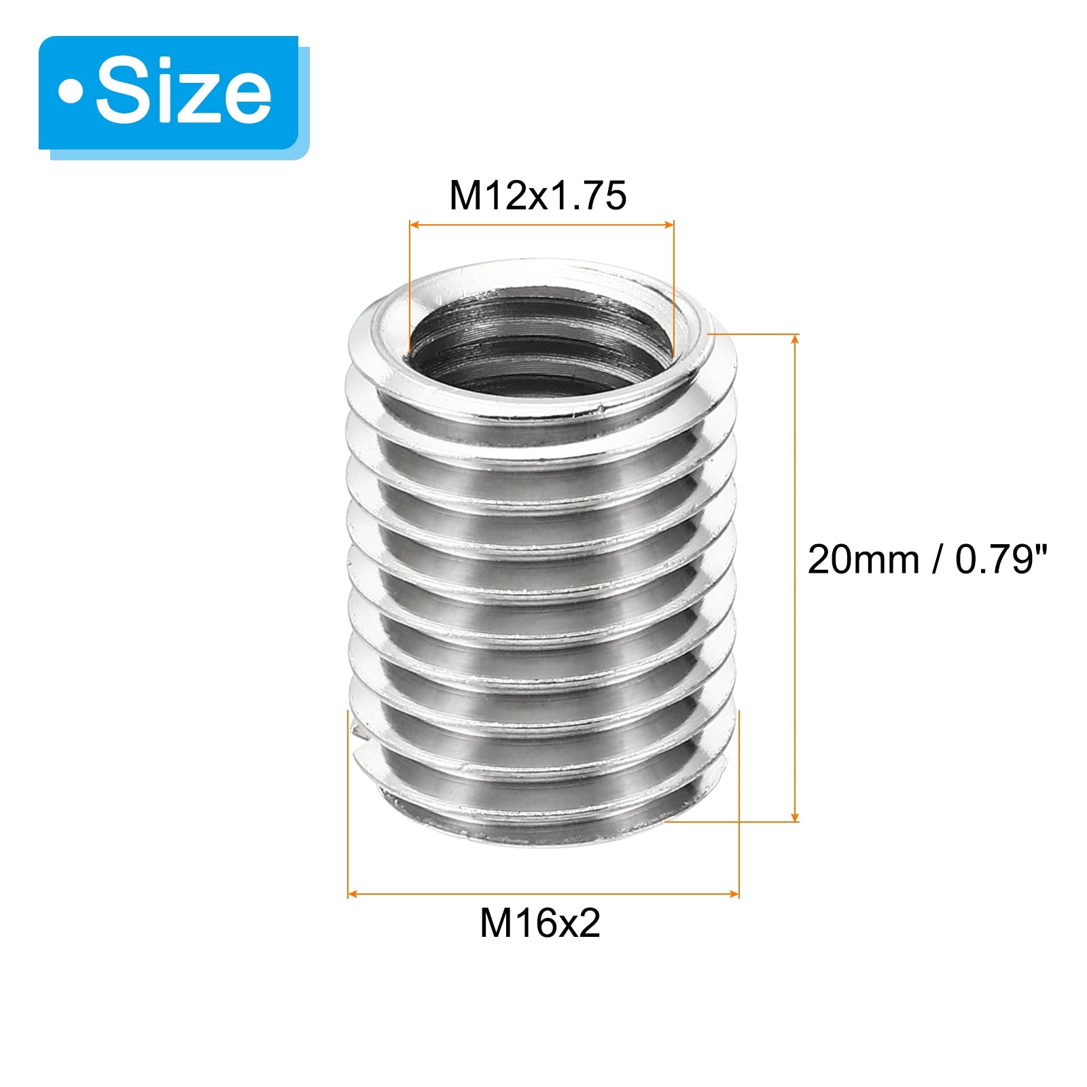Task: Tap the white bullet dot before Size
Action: [71, 92]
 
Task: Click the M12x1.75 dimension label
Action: [537, 196]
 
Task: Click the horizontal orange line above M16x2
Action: [543, 894]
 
